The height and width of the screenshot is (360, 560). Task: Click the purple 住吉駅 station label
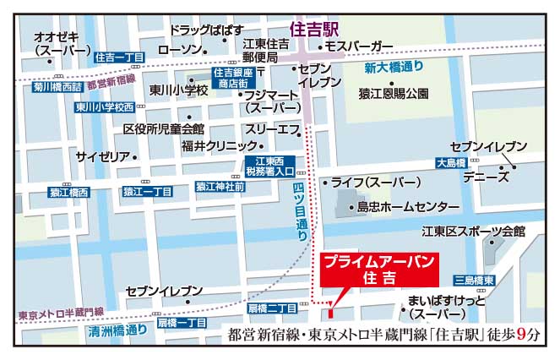(x=314, y=29)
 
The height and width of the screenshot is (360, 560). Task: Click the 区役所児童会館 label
(x=164, y=129)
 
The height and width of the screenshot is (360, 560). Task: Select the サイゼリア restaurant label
(x=103, y=157)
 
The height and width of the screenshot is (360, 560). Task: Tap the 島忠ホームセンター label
(x=408, y=207)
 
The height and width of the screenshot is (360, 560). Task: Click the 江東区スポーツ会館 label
(x=474, y=231)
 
